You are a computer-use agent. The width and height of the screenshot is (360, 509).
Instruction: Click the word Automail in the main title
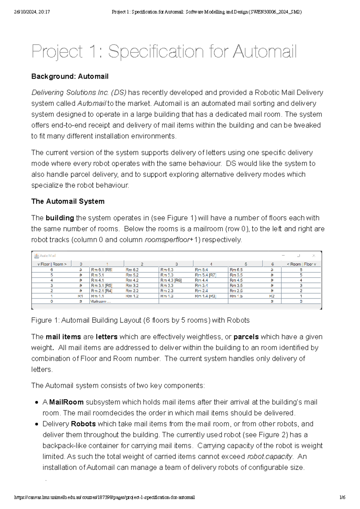(x=265, y=52)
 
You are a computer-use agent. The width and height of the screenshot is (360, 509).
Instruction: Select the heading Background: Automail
(x=70, y=76)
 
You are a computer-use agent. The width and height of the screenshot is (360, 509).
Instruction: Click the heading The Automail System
(x=68, y=201)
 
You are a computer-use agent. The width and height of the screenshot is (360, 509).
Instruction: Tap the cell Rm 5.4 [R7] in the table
(x=205, y=275)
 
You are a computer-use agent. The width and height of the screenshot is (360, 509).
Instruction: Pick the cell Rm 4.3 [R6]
(x=171, y=280)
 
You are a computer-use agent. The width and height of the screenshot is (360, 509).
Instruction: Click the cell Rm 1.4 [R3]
(x=205, y=296)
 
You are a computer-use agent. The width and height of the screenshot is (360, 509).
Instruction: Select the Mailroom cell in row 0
(x=100, y=301)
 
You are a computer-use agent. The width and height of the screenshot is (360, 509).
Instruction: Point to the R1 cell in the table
(x=80, y=296)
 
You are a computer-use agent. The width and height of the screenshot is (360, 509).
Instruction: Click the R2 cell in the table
(x=272, y=296)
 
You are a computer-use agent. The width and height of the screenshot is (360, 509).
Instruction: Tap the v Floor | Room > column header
(x=52, y=264)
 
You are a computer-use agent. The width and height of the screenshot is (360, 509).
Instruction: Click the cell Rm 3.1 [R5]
(x=102, y=285)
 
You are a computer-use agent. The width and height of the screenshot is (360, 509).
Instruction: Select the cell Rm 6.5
(x=236, y=270)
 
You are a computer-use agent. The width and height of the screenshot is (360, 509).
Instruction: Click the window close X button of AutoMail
(x=313, y=256)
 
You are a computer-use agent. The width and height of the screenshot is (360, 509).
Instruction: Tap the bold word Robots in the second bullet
(x=83, y=424)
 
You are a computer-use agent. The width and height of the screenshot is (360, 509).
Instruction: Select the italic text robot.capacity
(x=269, y=457)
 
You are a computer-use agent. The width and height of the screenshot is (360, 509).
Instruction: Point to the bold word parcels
(x=246, y=337)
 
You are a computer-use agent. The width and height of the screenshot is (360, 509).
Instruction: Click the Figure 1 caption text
(x=140, y=320)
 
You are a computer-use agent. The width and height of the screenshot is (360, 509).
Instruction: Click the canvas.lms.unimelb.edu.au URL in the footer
(x=104, y=497)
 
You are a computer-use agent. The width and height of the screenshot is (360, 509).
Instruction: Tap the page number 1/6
(x=342, y=497)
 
